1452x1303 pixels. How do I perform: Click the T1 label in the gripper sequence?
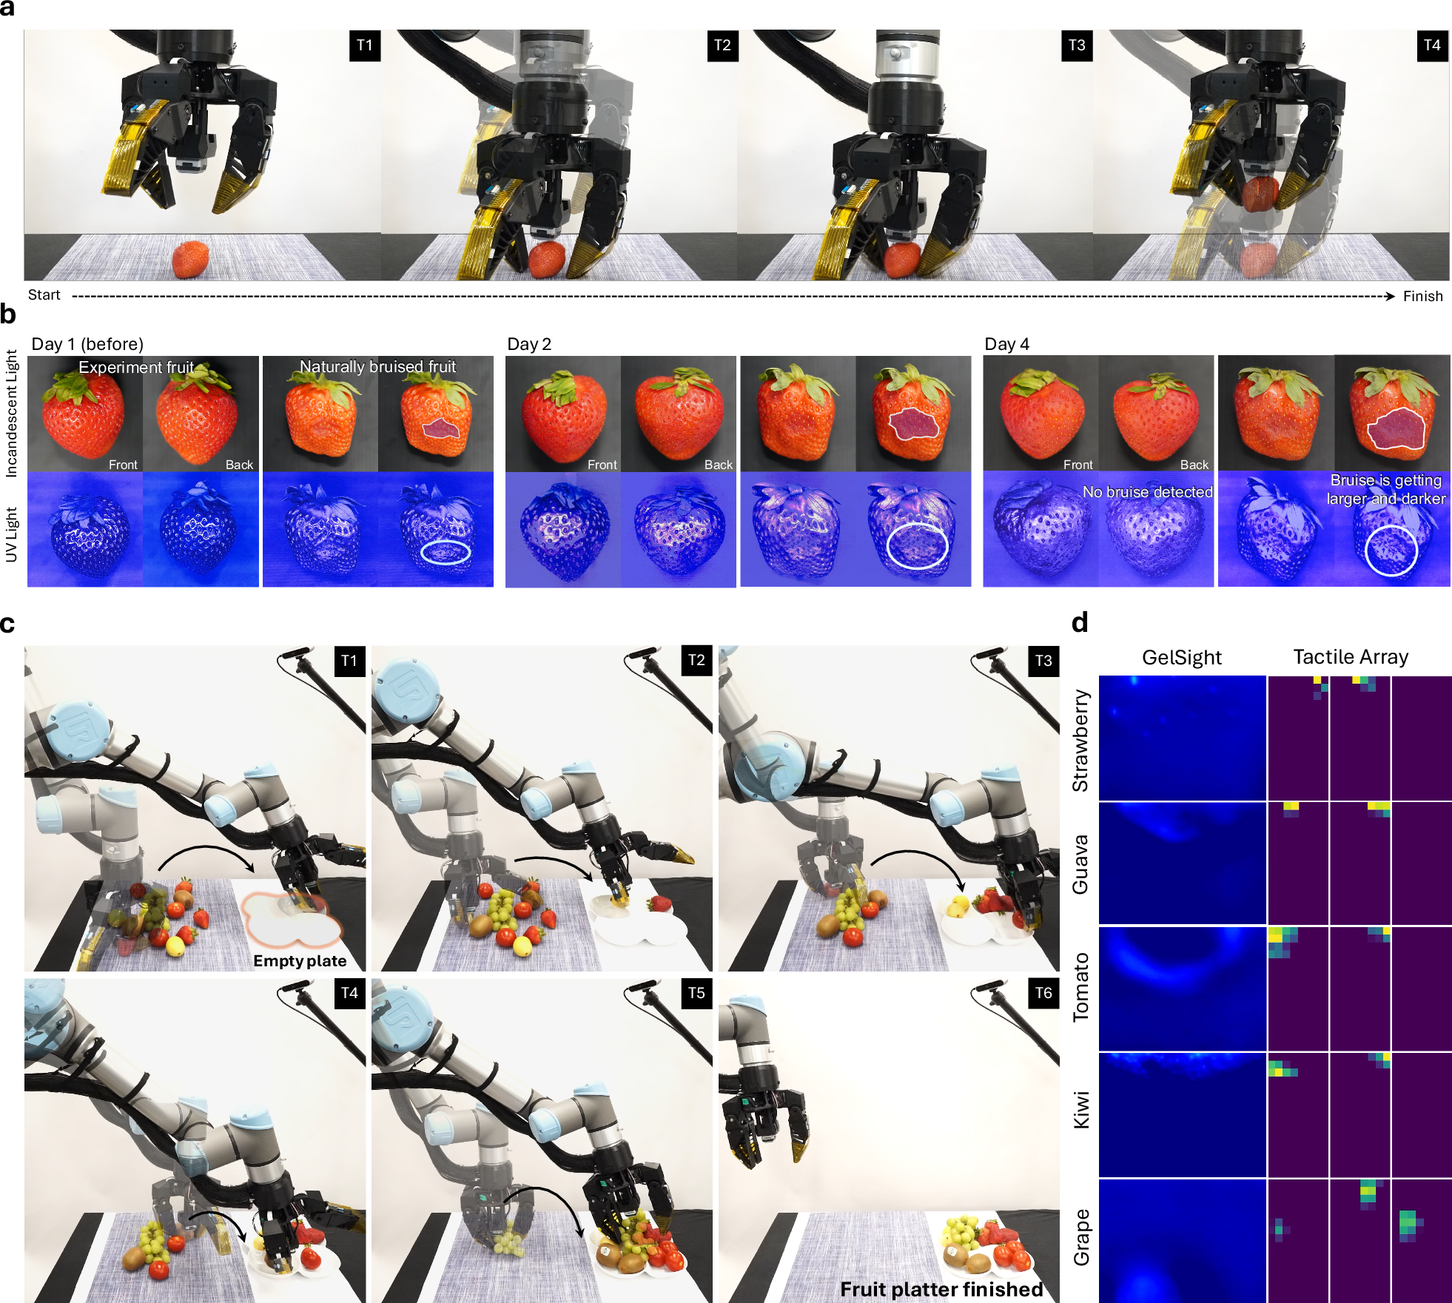(365, 45)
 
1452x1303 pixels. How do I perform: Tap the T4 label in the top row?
(1432, 45)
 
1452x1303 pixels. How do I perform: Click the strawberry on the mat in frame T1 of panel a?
(190, 259)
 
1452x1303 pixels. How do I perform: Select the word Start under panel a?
(44, 295)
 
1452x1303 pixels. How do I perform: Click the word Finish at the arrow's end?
(1423, 296)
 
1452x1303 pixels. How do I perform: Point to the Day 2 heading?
(529, 344)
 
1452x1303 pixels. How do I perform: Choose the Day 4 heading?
(1006, 344)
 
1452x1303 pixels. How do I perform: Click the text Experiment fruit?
(136, 367)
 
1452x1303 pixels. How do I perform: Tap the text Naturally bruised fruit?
(377, 366)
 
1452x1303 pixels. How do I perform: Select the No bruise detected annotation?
(1148, 492)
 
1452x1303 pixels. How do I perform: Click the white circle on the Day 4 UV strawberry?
(1365, 550)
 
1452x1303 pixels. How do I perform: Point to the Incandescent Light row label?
(12, 414)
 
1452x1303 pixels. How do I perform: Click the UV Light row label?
(12, 534)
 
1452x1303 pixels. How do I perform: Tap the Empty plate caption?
(300, 960)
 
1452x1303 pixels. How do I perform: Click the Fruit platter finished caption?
(941, 1290)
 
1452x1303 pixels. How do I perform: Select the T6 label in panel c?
(1043, 993)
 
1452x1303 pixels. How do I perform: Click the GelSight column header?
(1182, 657)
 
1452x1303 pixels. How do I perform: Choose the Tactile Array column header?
(1351, 657)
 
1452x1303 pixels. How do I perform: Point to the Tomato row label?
(1081, 987)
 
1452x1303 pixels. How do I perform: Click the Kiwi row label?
(1081, 1110)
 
